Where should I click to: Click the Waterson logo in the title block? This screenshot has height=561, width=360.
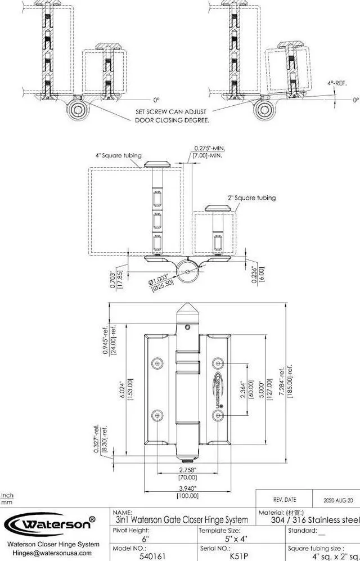49,524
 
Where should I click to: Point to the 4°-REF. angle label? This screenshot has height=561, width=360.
337,83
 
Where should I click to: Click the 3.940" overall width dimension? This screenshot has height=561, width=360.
187,488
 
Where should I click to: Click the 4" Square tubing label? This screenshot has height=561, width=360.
119,156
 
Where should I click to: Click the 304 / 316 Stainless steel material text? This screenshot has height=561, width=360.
309,519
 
